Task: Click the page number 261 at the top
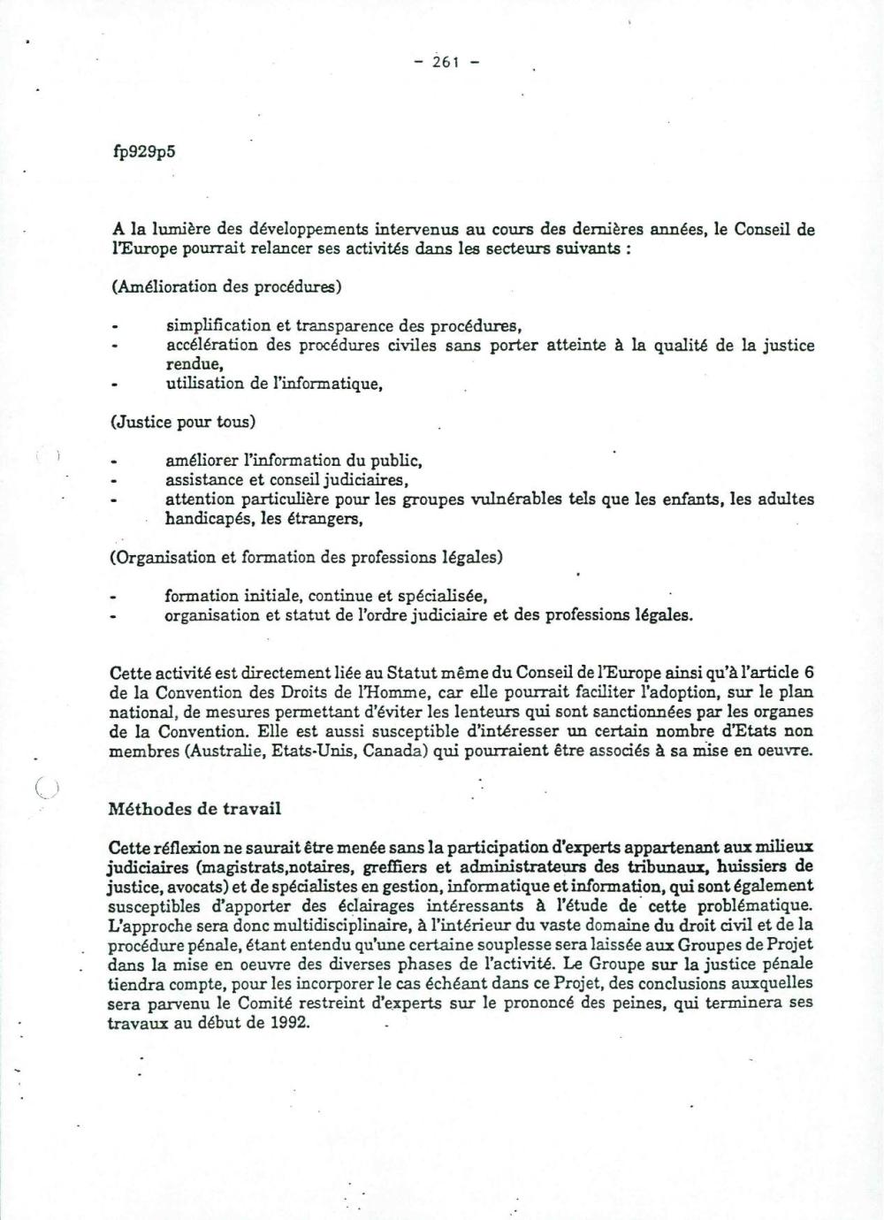pos(446,62)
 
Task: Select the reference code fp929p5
pos(144,150)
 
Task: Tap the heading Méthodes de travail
pos(194,808)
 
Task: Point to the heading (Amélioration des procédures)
pos(226,286)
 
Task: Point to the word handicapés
pos(205,520)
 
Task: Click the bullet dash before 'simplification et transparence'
pos(115,326)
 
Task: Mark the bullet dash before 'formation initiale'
pos(114,597)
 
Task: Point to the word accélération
pos(211,346)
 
